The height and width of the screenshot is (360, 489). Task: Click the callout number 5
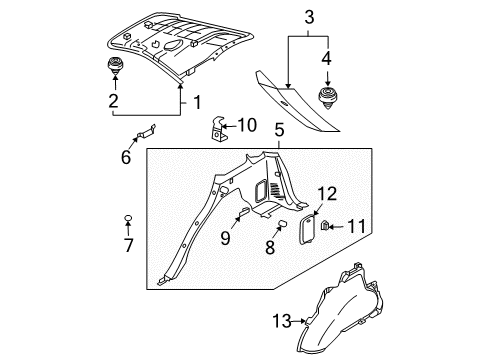coord(280,128)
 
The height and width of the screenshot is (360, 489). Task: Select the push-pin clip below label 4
coord(326,97)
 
